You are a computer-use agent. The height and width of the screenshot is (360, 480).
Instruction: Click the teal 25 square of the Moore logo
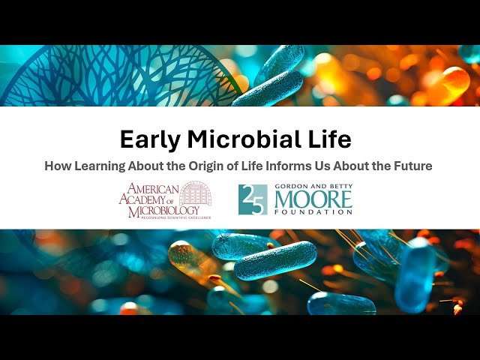tap(253, 199)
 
